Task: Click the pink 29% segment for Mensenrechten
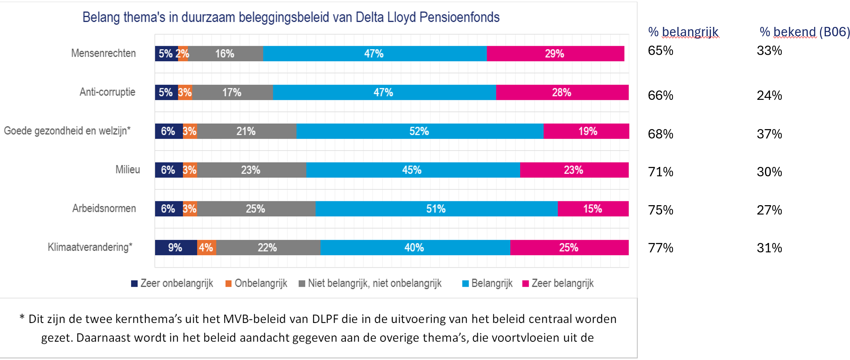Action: [555, 53]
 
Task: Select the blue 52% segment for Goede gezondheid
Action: [420, 131]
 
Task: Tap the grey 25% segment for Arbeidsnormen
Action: [256, 209]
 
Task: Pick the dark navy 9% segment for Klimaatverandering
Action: [175, 248]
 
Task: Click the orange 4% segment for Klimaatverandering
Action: [206, 248]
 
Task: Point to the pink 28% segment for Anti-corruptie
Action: [562, 92]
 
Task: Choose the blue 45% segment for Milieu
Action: [413, 170]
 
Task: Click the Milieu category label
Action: [127, 170]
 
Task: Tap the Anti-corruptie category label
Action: [107, 92]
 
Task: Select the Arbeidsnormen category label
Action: [104, 208]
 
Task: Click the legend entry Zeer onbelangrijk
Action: [176, 284]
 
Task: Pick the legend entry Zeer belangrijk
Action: [562, 284]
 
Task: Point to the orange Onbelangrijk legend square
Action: [228, 284]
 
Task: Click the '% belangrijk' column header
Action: [683, 32]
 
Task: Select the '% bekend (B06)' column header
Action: [804, 32]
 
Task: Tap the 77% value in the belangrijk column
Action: [661, 248]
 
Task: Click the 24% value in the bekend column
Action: [769, 96]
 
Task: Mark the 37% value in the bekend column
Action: [769, 134]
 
